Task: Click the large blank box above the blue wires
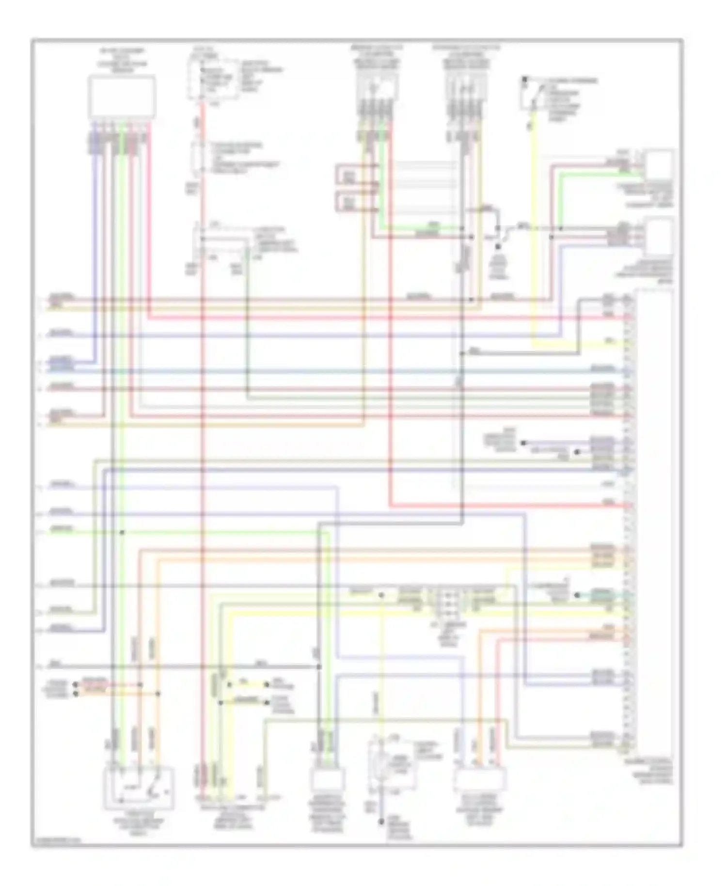[x=122, y=96]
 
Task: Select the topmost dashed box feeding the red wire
[x=213, y=80]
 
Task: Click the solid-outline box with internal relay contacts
[x=139, y=788]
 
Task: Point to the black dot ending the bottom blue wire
[x=381, y=821]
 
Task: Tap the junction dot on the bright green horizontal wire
[x=122, y=532]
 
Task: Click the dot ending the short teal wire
[x=576, y=595]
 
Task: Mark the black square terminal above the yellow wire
[x=524, y=79]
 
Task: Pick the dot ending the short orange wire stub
[x=75, y=694]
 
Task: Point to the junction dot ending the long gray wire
[x=319, y=667]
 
